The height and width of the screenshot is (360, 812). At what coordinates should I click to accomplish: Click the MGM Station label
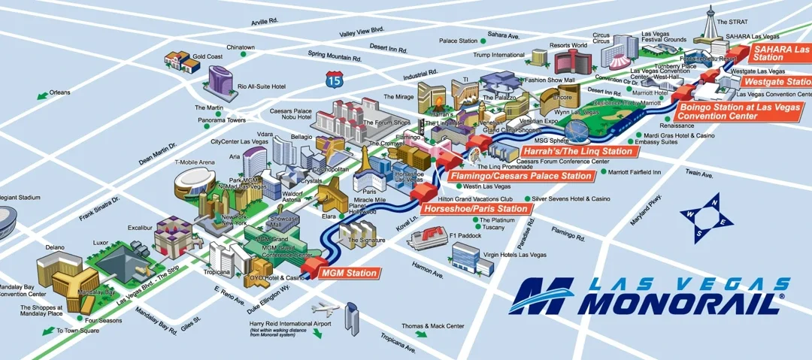point(348,274)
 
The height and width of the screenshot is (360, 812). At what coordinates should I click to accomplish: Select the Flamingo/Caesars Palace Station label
point(520,177)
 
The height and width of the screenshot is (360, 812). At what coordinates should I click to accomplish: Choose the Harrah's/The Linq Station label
point(577,151)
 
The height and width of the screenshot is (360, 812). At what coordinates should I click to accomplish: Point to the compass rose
point(707,218)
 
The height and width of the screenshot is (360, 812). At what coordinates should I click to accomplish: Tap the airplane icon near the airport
point(325,308)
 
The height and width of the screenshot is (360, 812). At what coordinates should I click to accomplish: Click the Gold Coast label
point(207,56)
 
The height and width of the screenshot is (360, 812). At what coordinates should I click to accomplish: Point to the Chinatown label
point(241,47)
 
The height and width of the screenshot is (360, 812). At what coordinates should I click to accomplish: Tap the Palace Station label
point(459,41)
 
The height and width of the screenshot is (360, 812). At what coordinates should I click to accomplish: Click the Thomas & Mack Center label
point(432,326)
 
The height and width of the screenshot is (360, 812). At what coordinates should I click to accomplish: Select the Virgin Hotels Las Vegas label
point(515,255)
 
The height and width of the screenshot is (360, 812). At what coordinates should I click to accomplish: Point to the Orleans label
point(60,92)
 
